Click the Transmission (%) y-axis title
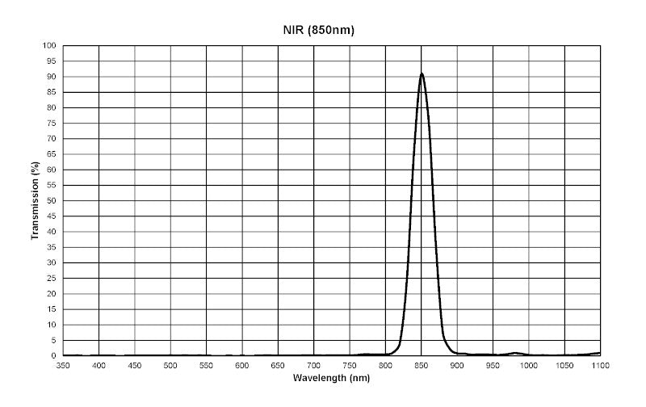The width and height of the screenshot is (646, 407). pyautogui.click(x=35, y=201)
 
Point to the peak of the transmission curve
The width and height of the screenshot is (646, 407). pyautogui.click(x=422, y=73)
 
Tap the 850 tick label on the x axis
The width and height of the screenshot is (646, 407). pyautogui.click(x=422, y=365)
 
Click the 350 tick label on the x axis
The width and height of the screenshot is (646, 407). pyautogui.click(x=63, y=365)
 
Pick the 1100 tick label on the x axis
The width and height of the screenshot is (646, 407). pyautogui.click(x=600, y=365)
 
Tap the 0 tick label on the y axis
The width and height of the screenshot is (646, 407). pyautogui.click(x=54, y=356)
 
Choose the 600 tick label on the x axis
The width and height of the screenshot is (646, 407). pyautogui.click(x=242, y=365)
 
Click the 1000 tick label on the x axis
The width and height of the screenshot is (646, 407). pyautogui.click(x=528, y=365)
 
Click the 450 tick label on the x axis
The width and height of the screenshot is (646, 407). pyautogui.click(x=135, y=365)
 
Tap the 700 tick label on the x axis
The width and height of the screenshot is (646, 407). pyautogui.click(x=314, y=365)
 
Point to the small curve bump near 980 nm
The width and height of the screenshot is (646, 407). pyautogui.click(x=514, y=353)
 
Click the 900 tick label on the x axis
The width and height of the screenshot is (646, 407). pyautogui.click(x=457, y=365)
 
